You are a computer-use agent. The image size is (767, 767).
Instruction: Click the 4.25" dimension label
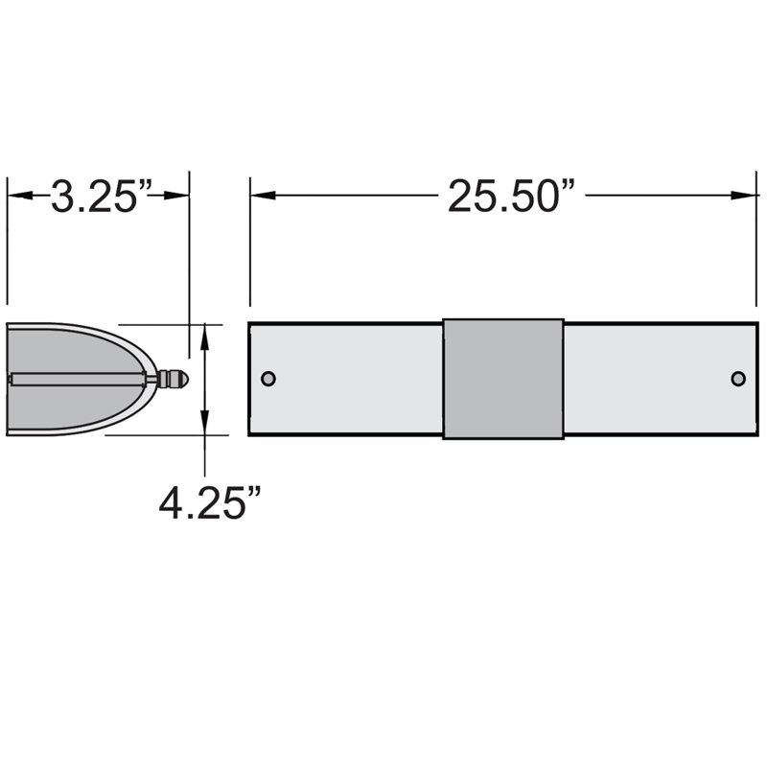pyautogui.click(x=211, y=501)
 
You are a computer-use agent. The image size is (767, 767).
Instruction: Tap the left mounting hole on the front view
pyautogui.click(x=268, y=379)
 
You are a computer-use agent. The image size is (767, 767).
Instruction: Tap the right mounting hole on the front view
pyautogui.click(x=737, y=379)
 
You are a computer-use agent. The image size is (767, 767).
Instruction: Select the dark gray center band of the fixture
pyautogui.click(x=503, y=379)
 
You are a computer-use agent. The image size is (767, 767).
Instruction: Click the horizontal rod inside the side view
pyautogui.click(x=77, y=379)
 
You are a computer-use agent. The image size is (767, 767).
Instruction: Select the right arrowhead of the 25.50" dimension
pyautogui.click(x=747, y=196)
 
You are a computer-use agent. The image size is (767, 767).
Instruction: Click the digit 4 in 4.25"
pyautogui.click(x=174, y=501)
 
